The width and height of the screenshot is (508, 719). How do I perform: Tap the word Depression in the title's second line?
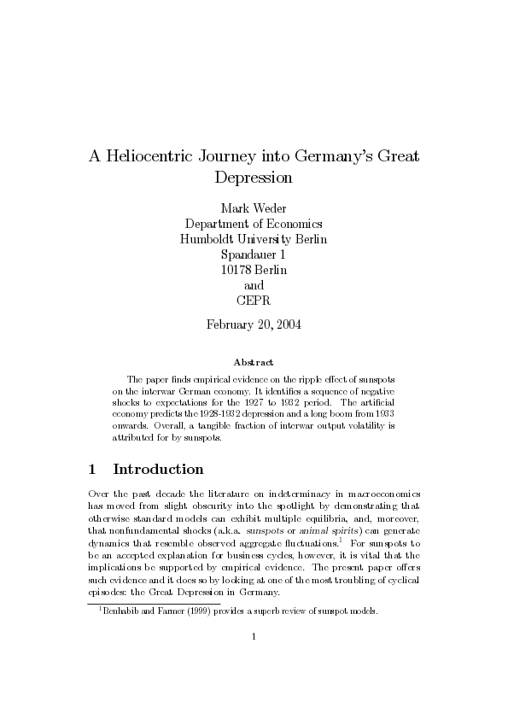[254, 178]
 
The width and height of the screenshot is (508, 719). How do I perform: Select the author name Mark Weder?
[254, 208]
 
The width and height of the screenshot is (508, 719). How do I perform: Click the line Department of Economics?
[254, 224]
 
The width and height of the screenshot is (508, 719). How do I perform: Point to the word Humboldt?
[211, 239]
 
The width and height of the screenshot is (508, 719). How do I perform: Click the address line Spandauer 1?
[254, 254]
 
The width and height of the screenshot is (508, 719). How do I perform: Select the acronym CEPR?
[254, 300]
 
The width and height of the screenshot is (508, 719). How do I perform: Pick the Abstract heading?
[254, 363]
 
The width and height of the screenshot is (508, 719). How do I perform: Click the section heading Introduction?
[159, 470]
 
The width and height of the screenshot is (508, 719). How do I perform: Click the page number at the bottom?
[254, 659]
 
